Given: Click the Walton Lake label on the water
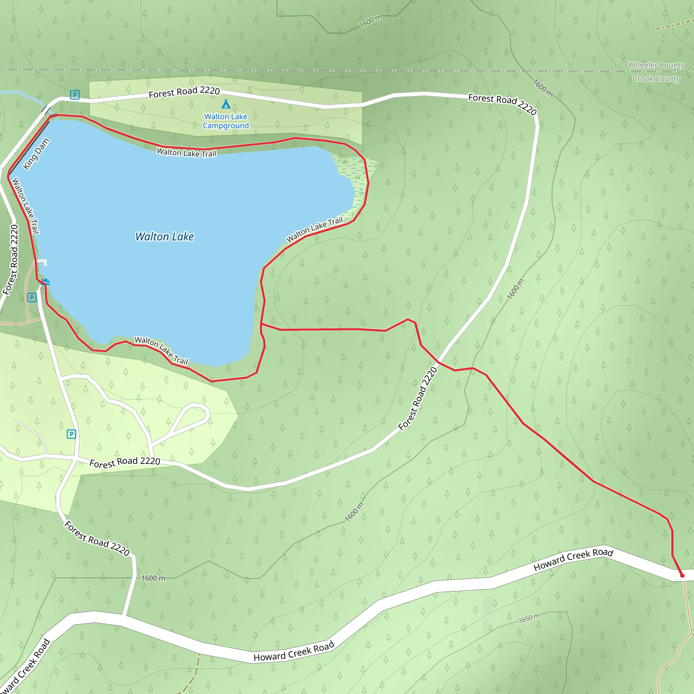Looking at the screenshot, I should (x=164, y=237).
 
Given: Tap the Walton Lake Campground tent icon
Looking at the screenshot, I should (x=226, y=104).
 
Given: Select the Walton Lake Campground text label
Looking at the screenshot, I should (x=226, y=121).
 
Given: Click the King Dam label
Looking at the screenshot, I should (x=36, y=154).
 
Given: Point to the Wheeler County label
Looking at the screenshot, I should (x=656, y=65).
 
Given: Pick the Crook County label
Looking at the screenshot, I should (x=656, y=79).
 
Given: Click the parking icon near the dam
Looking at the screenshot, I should (x=75, y=95).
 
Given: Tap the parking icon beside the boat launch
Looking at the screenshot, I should (x=32, y=298).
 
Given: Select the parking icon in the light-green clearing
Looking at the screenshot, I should (x=72, y=434).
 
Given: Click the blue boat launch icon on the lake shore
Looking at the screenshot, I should (x=46, y=282).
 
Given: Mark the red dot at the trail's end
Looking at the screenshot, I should (x=682, y=575).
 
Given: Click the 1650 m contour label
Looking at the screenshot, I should (x=529, y=618).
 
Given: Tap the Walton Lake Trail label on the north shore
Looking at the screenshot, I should (x=186, y=153).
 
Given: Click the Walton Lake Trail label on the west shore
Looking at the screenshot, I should (x=25, y=205).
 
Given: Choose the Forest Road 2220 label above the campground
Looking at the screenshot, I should (x=184, y=92).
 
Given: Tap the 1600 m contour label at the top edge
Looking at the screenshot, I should (x=370, y=22).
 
